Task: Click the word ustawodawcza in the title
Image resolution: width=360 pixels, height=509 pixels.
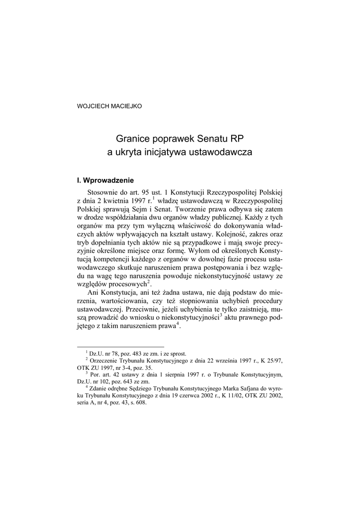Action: [222, 153]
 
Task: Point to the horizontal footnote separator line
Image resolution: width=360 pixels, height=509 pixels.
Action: [121, 346]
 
